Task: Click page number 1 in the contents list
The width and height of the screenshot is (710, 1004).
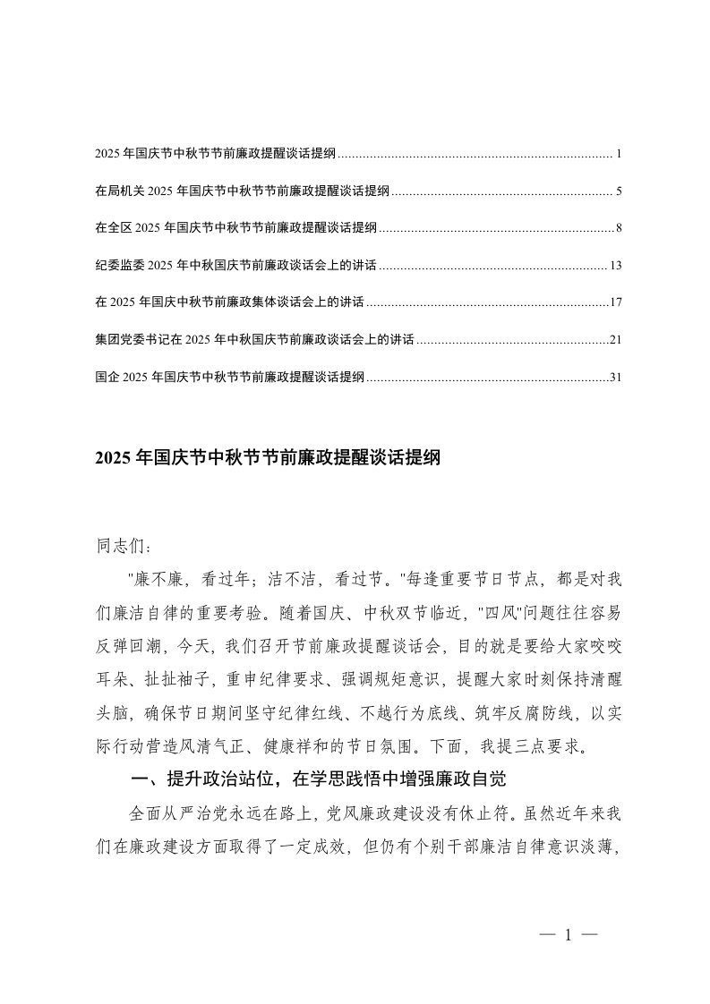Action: tap(619, 155)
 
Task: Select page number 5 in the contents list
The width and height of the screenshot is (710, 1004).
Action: tap(619, 191)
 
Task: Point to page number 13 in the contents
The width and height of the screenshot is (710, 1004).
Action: tap(615, 266)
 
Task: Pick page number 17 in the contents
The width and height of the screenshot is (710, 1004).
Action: tap(615, 303)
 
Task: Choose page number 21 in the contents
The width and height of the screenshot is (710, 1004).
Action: tap(615, 340)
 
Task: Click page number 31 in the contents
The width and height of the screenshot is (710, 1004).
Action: tap(615, 378)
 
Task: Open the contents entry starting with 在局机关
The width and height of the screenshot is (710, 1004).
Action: tap(242, 191)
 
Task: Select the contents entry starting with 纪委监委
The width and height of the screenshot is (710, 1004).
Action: tap(235, 266)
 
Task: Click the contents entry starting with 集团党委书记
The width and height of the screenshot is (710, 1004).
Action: tap(254, 340)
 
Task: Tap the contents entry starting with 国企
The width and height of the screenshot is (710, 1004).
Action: tap(229, 378)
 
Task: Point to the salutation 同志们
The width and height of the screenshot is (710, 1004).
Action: tap(117, 545)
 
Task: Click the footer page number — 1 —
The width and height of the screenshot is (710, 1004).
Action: tap(568, 935)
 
